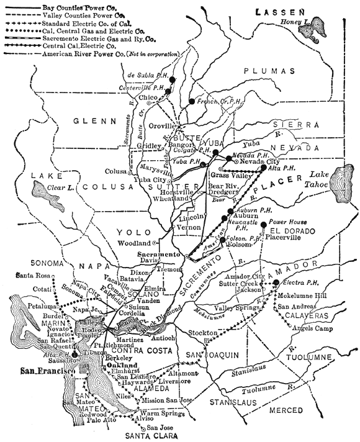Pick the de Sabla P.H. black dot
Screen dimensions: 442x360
point(173,79)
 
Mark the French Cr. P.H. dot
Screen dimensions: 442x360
point(192,100)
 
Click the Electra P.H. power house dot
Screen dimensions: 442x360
point(276,283)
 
